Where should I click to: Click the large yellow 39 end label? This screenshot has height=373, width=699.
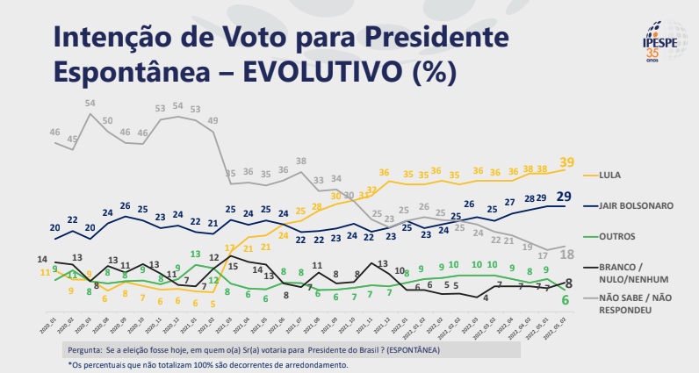(566, 161)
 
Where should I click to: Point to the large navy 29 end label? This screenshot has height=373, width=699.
(566, 195)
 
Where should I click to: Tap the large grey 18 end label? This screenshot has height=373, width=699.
(566, 254)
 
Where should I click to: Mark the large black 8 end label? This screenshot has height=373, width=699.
(568, 283)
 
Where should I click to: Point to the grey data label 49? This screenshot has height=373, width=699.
(213, 120)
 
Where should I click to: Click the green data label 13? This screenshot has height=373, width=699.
(194, 255)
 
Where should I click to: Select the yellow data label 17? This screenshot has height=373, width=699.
(230, 248)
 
